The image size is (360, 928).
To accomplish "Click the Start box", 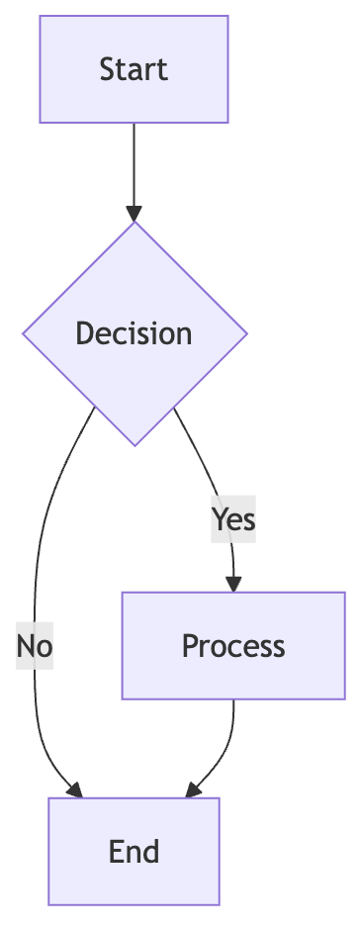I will point(134,69).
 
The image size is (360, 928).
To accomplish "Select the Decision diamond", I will point(135,333).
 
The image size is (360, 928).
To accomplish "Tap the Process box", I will point(233,646).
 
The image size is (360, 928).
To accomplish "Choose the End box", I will point(134,852).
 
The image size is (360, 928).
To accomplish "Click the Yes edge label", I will point(233,518).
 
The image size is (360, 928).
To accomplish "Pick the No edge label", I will point(34,646).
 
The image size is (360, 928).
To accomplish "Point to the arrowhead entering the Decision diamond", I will point(134,213).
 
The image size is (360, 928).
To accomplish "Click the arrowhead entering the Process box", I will point(233,583).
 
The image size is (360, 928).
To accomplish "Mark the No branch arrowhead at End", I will point(74,789).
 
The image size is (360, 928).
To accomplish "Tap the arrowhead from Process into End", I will point(193,789).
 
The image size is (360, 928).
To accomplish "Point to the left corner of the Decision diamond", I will point(24,333).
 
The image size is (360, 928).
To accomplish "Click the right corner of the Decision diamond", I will point(246,333).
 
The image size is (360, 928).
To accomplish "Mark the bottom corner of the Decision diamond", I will point(135,445).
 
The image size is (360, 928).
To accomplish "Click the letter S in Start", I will point(106,69).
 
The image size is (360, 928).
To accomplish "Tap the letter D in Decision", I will point(84,333).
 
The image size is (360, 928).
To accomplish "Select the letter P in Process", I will point(189,646).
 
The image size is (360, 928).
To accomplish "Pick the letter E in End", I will point(116,852).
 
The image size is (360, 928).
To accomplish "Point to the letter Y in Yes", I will point(220,518).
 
